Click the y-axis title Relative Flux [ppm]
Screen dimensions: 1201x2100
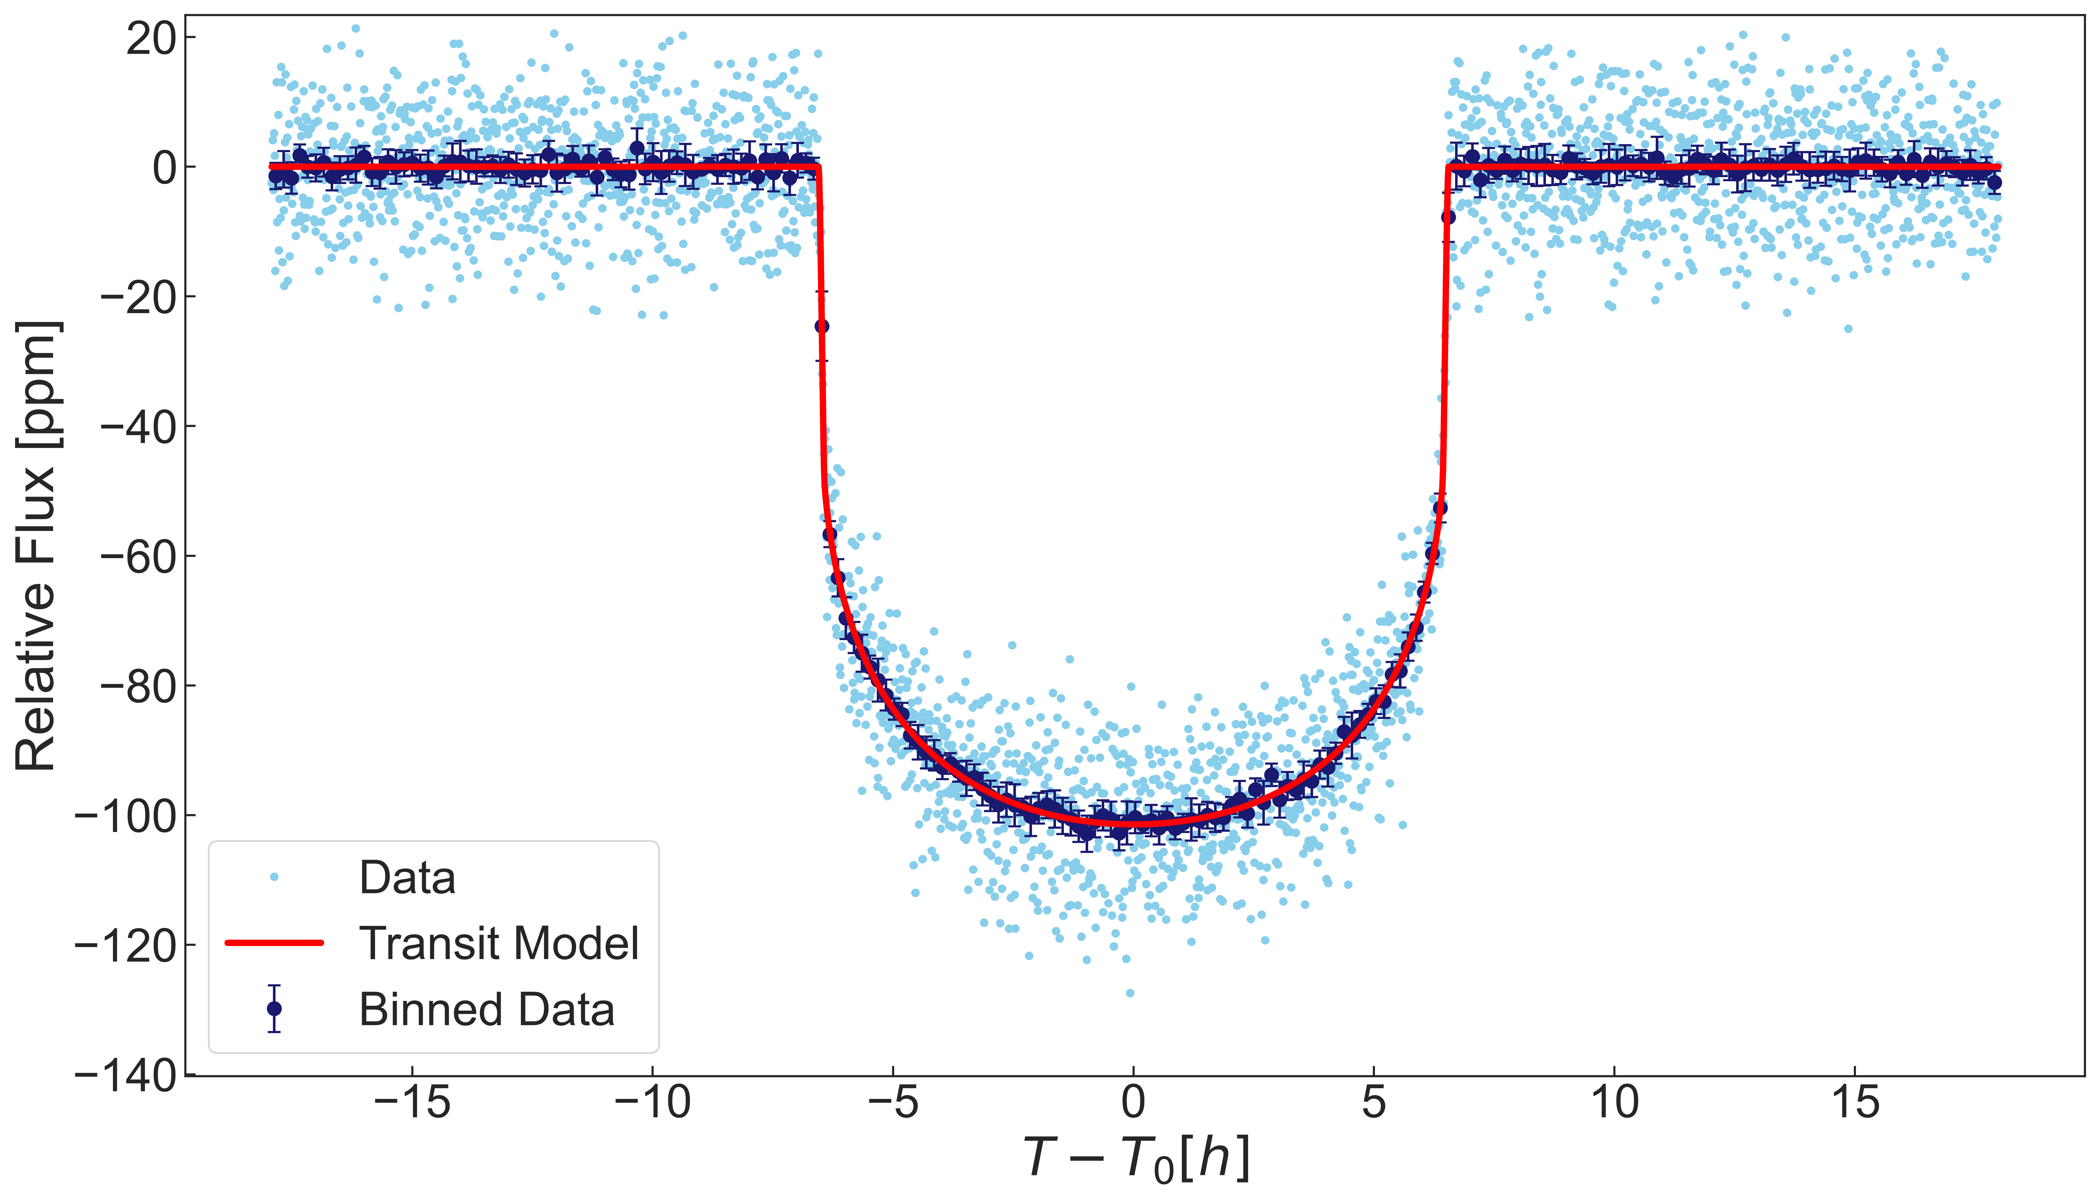(x=37, y=546)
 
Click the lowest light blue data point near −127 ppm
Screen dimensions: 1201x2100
(x=1130, y=992)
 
